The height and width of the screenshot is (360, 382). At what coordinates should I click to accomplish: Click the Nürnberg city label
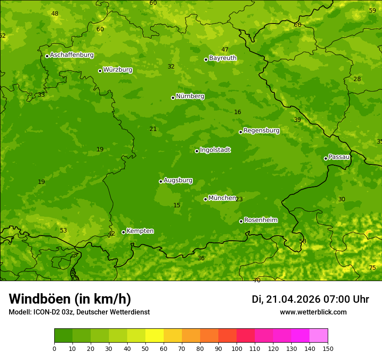(190, 96)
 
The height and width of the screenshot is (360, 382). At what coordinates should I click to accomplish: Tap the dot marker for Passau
(326, 158)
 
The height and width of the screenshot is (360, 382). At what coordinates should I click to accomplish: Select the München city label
(222, 198)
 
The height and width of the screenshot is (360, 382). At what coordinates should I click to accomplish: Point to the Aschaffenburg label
(72, 55)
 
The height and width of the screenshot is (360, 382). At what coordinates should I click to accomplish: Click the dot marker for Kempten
(123, 232)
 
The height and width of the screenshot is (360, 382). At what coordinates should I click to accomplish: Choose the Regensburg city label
(261, 131)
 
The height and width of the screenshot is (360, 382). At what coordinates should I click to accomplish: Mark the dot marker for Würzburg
(100, 71)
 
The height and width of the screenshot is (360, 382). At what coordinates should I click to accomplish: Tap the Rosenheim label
(260, 220)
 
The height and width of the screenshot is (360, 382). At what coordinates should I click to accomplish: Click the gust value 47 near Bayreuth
(225, 49)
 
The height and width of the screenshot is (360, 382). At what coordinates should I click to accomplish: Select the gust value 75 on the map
(372, 268)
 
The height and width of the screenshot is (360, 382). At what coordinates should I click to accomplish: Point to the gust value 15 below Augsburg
(177, 205)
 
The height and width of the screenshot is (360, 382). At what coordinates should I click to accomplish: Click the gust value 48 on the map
(55, 13)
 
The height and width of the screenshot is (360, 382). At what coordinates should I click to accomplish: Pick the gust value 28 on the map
(357, 79)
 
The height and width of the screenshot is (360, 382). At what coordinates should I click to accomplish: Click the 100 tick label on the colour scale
(237, 348)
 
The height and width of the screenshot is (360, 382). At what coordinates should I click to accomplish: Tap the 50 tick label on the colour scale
(145, 348)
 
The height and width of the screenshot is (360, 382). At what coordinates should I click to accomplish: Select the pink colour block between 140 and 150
(319, 336)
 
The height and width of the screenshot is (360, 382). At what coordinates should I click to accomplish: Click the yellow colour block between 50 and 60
(155, 336)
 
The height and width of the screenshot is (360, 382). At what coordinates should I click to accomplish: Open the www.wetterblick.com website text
(313, 312)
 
